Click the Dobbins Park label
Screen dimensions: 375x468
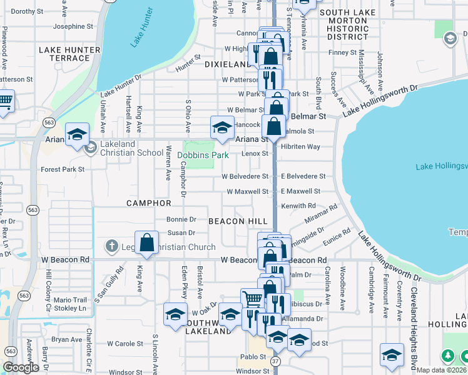[204, 155]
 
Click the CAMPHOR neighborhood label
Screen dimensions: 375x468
[149, 203]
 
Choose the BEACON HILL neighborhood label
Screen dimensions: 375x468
[238, 221]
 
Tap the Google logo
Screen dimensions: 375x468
[21, 367]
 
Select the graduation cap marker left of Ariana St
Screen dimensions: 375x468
[77, 134]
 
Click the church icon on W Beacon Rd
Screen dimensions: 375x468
[111, 247]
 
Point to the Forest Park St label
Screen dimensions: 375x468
[63, 169]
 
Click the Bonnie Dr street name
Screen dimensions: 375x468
[181, 219]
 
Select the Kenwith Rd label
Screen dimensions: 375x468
[298, 206]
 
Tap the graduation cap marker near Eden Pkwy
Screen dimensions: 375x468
[176, 313]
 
